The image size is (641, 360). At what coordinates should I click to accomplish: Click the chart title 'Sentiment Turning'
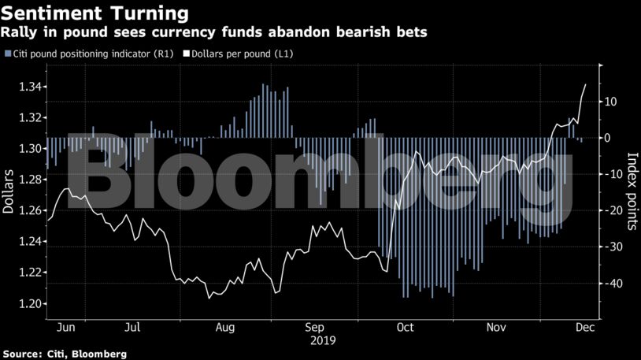coord(95,13)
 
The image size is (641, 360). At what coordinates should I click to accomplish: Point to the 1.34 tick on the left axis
coord(25,87)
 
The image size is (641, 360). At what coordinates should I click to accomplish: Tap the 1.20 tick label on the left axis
coord(25,304)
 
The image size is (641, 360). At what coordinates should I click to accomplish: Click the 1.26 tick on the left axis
coord(25,210)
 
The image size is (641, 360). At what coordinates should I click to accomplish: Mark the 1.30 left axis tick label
coord(25,149)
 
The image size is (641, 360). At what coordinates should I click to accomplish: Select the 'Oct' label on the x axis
coord(406,326)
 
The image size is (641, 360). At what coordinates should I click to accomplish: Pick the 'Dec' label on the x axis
coord(584,326)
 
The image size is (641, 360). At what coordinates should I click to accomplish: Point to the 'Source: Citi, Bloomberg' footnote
coord(65,354)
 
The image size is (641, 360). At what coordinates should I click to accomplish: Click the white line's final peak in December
coord(585,84)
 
